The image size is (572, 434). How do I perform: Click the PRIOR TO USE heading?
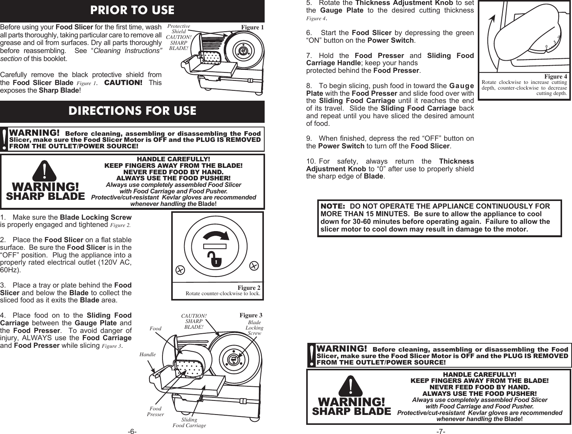pos(132,10)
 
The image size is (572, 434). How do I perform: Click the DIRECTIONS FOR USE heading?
pos(132,111)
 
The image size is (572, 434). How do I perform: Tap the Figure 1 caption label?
pos(252,27)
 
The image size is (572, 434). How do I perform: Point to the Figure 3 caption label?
pos(251,315)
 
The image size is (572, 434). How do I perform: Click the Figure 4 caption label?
pos(556,77)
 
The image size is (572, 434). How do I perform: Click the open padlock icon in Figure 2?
pos(216,259)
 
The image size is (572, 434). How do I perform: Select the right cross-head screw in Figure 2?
pos(254,265)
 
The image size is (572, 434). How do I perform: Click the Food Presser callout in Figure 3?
pos(155,411)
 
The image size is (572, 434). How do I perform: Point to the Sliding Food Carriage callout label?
pos(189,423)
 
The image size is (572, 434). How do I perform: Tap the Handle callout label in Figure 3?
pos(148,354)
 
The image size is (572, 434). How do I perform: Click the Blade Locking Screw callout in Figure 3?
pos(254,328)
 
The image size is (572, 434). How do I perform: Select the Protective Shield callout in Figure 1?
pos(178,29)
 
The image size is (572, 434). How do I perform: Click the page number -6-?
pos(132,431)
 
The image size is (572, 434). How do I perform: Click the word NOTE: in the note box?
pos(333,206)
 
